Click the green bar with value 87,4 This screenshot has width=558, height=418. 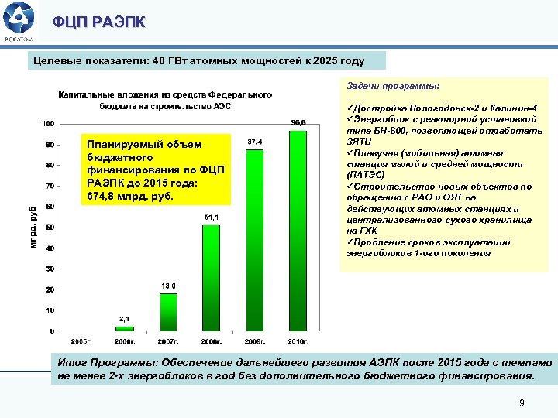point(254,240)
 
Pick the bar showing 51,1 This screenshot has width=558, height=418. point(211,278)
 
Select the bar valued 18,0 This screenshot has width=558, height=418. point(167,312)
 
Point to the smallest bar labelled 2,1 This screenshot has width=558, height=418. point(124,328)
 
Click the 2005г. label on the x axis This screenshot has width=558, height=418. point(81,341)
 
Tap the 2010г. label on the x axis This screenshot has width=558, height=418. point(298,341)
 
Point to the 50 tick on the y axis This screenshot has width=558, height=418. point(49,228)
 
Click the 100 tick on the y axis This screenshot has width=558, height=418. point(47,124)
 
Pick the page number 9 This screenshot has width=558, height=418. point(522,403)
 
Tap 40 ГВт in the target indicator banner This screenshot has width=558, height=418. point(170,60)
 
